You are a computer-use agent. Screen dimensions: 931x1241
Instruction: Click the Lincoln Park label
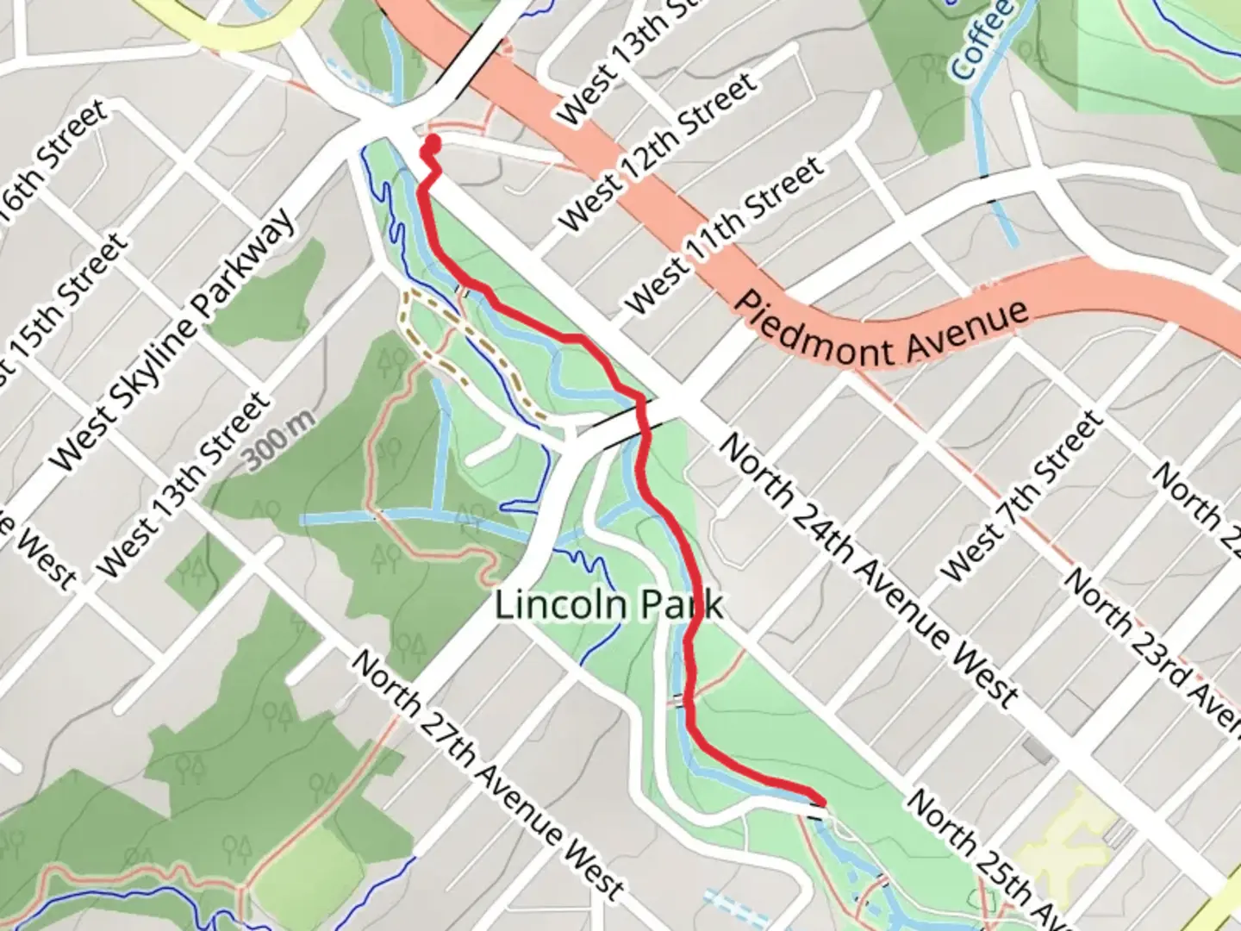[x=608, y=605]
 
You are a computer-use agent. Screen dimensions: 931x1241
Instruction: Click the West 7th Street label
[x=1022, y=497]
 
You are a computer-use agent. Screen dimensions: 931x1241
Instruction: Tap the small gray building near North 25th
[x=1038, y=750]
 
